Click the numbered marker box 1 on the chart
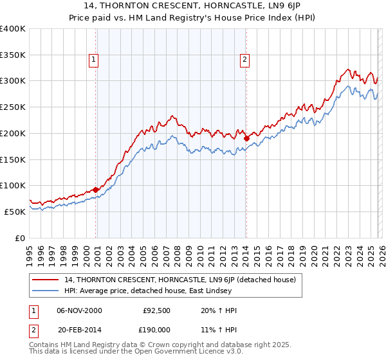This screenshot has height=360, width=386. pos(94,60)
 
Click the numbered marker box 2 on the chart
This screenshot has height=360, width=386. pos(245,60)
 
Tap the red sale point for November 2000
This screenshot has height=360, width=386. pos(96,190)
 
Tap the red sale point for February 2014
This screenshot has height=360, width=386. pos(246,138)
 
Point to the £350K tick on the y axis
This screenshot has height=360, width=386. pos(13,55)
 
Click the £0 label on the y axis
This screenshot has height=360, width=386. pos(19,238)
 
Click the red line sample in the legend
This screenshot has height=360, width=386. pos(46,280)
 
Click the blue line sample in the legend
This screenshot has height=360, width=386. pos(46,291)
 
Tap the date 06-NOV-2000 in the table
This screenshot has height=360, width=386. pos(79,310)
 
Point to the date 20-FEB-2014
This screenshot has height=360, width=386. pos(79,330)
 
